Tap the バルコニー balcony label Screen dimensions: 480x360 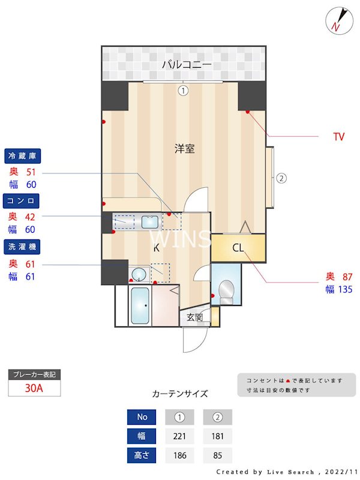(x=187, y=64)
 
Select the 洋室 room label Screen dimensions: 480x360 (x=184, y=148)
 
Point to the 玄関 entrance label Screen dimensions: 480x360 (x=194, y=317)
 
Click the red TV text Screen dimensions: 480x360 (x=339, y=137)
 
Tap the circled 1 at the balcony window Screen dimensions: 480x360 (x=183, y=91)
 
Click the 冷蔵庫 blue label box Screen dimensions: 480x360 (x=22, y=156)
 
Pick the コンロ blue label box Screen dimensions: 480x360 (x=22, y=200)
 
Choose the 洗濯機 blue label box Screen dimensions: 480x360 (x=22, y=245)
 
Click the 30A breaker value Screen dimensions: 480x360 (x=34, y=388)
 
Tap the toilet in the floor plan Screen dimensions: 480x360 (x=226, y=291)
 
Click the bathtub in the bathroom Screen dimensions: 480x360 (x=140, y=306)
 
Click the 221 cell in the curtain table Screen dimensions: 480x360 (x=179, y=436)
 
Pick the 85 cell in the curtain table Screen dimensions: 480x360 (x=217, y=455)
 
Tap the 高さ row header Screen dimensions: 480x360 (x=142, y=455)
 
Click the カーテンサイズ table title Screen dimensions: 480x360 (x=180, y=394)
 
